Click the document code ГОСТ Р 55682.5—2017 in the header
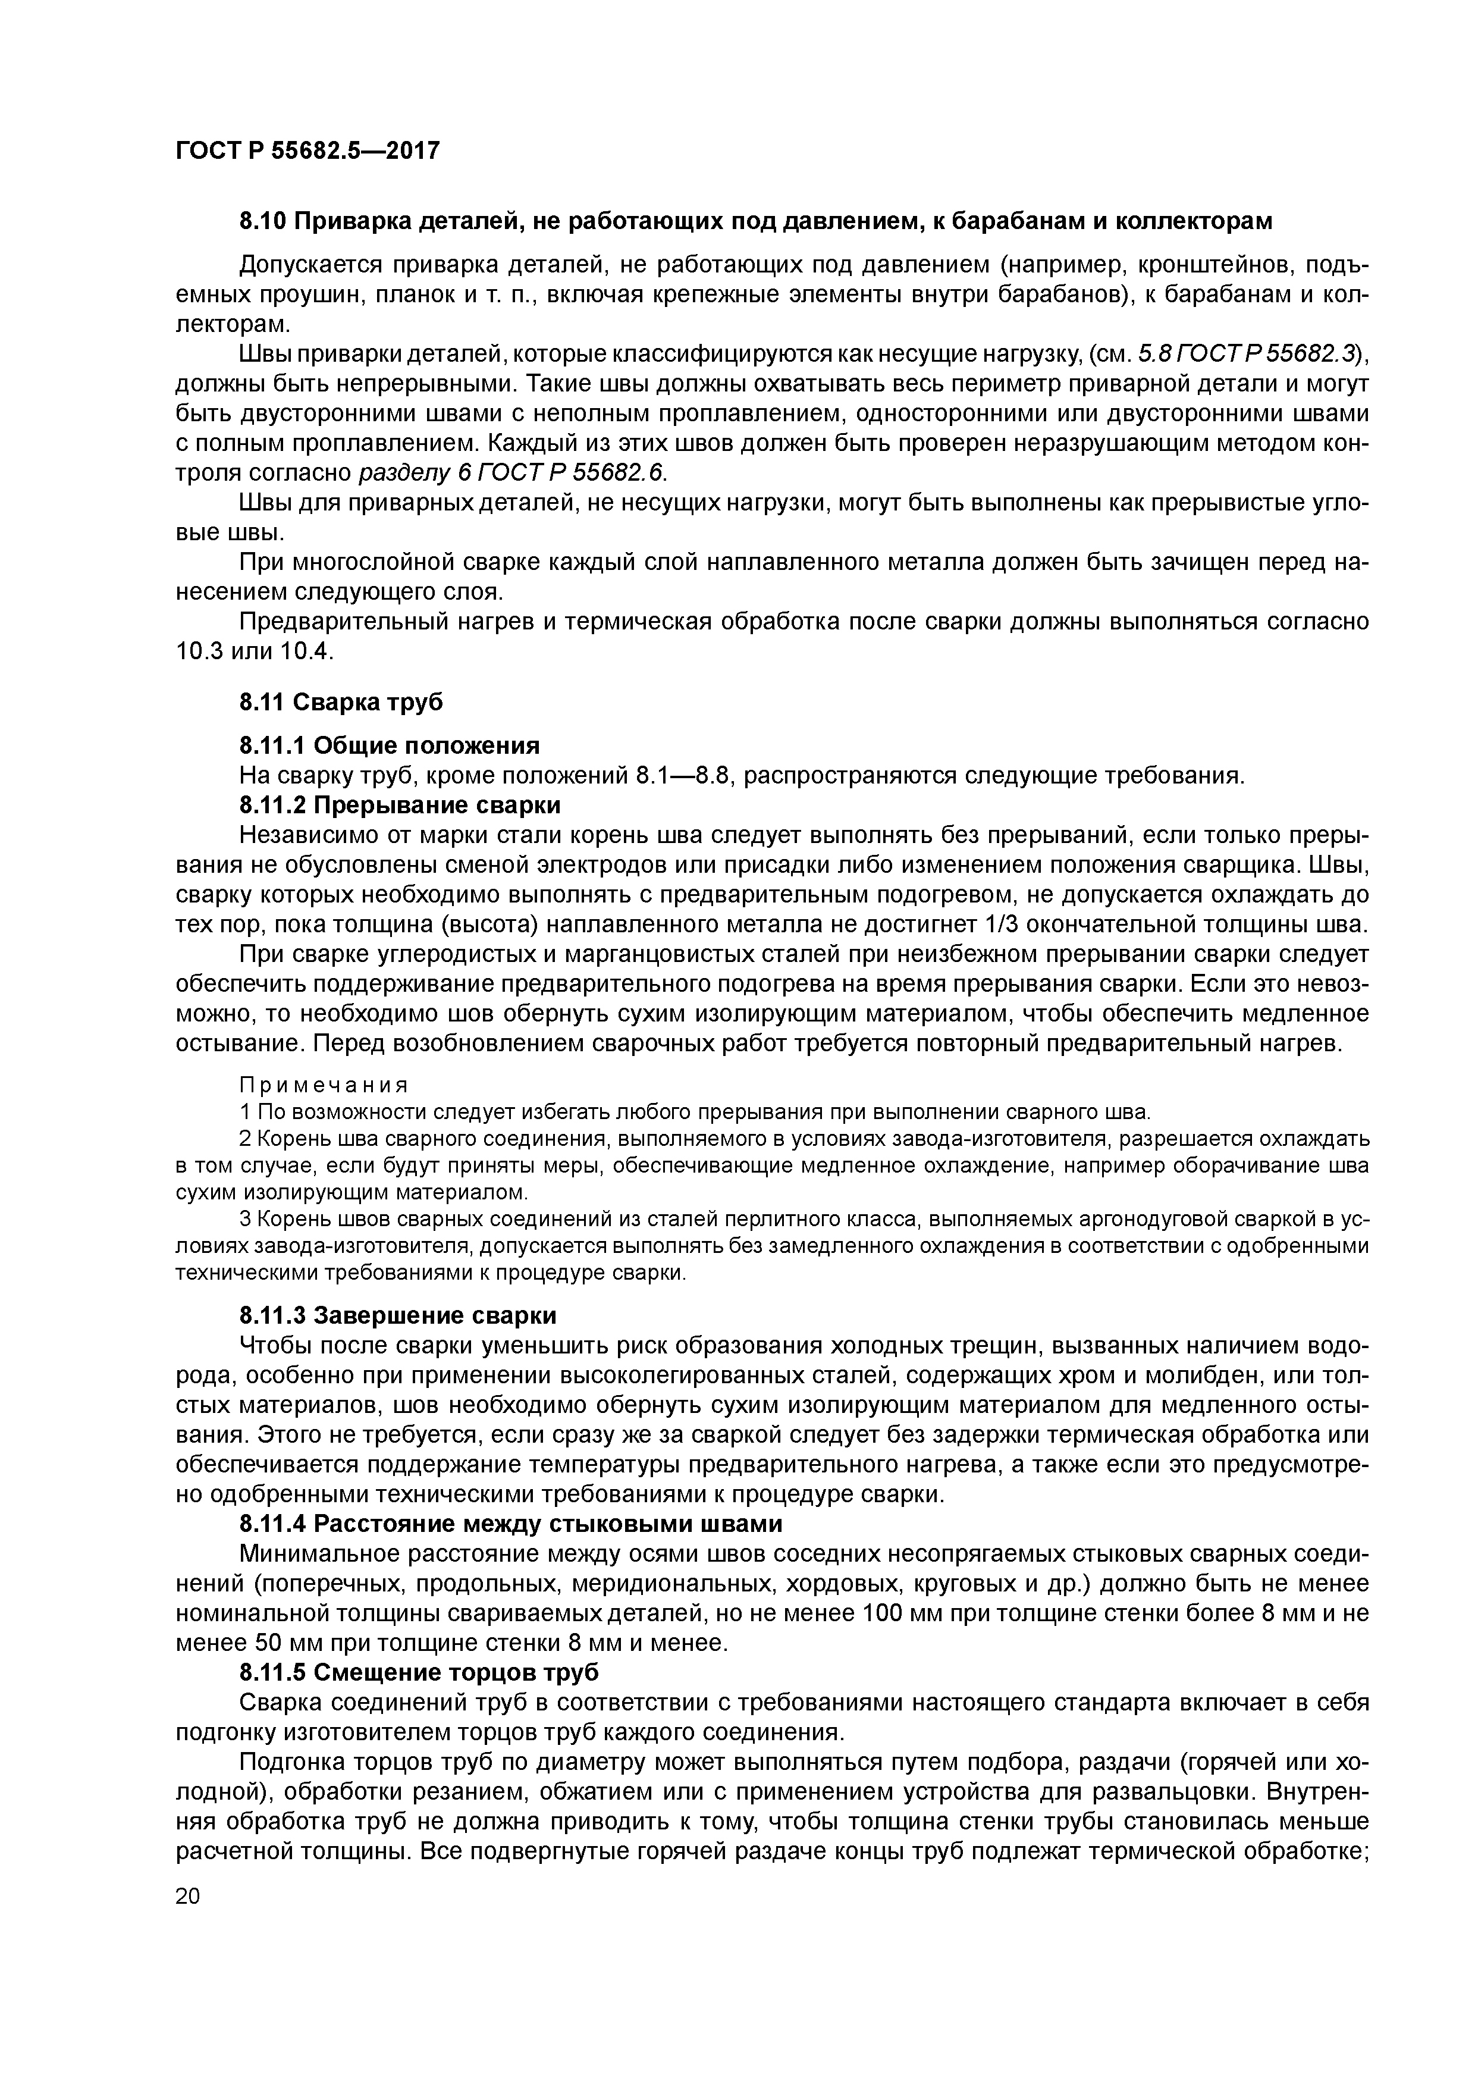[x=307, y=150]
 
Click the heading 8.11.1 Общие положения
[x=389, y=746]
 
